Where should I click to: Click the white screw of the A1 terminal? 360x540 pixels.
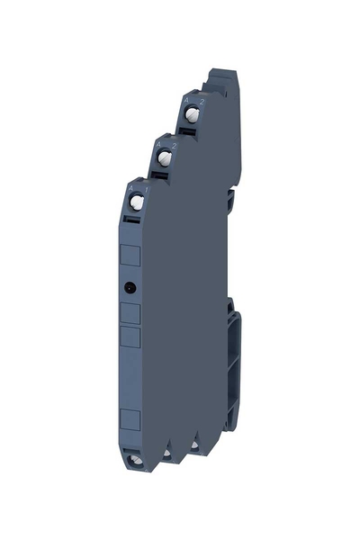[136, 202]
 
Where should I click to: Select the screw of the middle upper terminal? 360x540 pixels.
[165, 158]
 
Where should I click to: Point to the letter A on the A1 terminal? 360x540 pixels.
[130, 187]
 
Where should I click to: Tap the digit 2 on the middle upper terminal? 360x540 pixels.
[172, 144]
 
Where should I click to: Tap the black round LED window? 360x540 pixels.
[130, 288]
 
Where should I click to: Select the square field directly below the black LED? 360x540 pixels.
[130, 313]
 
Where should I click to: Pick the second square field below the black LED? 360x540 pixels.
[130, 337]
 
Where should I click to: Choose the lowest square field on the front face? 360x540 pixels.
[130, 418]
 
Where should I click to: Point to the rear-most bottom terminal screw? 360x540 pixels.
[192, 444]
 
